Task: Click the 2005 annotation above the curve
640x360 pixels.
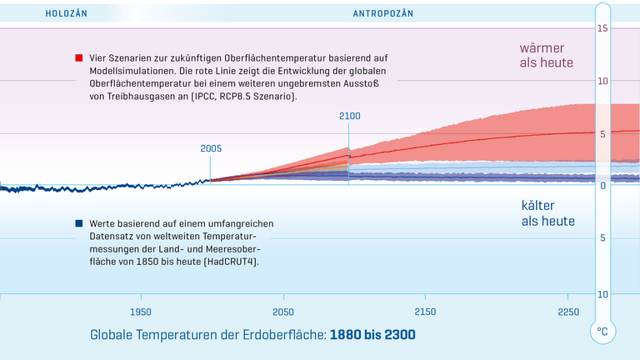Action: [211, 148]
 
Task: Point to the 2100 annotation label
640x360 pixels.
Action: [349, 116]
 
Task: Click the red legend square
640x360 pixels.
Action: [78, 58]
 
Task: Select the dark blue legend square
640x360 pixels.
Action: [78, 224]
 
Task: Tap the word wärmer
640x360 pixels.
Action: [546, 47]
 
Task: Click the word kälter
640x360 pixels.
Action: [538, 205]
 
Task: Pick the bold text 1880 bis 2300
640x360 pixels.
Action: [372, 335]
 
